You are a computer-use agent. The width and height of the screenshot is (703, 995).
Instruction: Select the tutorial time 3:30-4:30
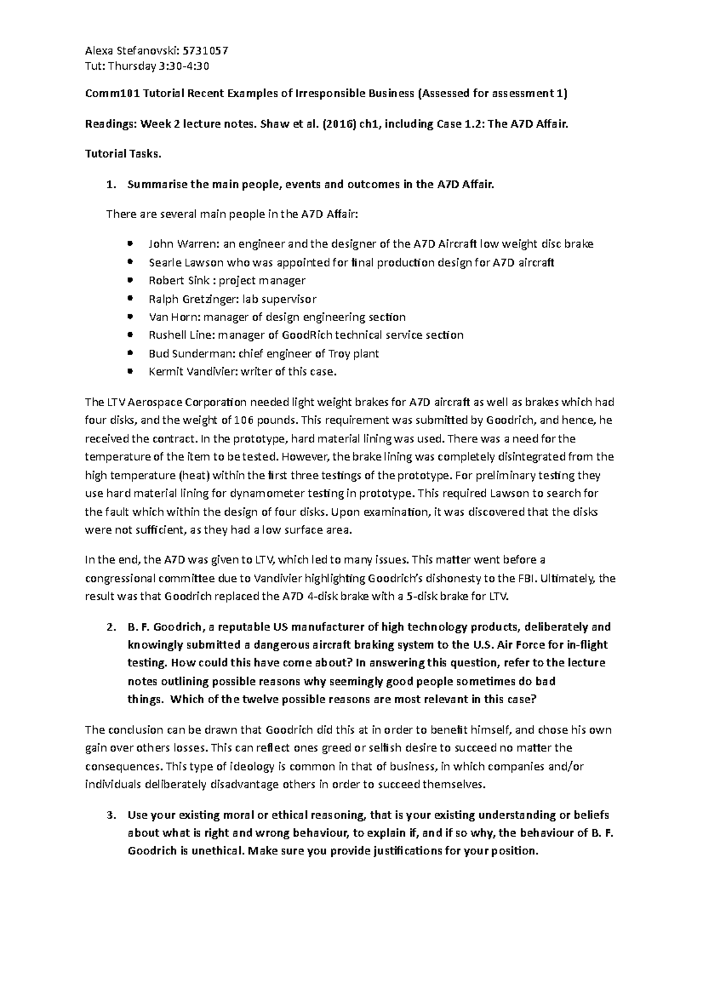click(183, 66)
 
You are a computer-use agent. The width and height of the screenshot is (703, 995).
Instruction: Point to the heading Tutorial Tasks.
click(122, 154)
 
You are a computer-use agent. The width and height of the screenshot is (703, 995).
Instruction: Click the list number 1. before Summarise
click(110, 185)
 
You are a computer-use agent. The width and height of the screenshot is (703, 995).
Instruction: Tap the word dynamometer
click(264, 493)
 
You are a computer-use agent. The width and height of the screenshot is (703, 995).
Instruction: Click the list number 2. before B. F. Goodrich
click(110, 627)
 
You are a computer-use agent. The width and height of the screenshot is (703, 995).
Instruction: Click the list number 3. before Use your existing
click(110, 815)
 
